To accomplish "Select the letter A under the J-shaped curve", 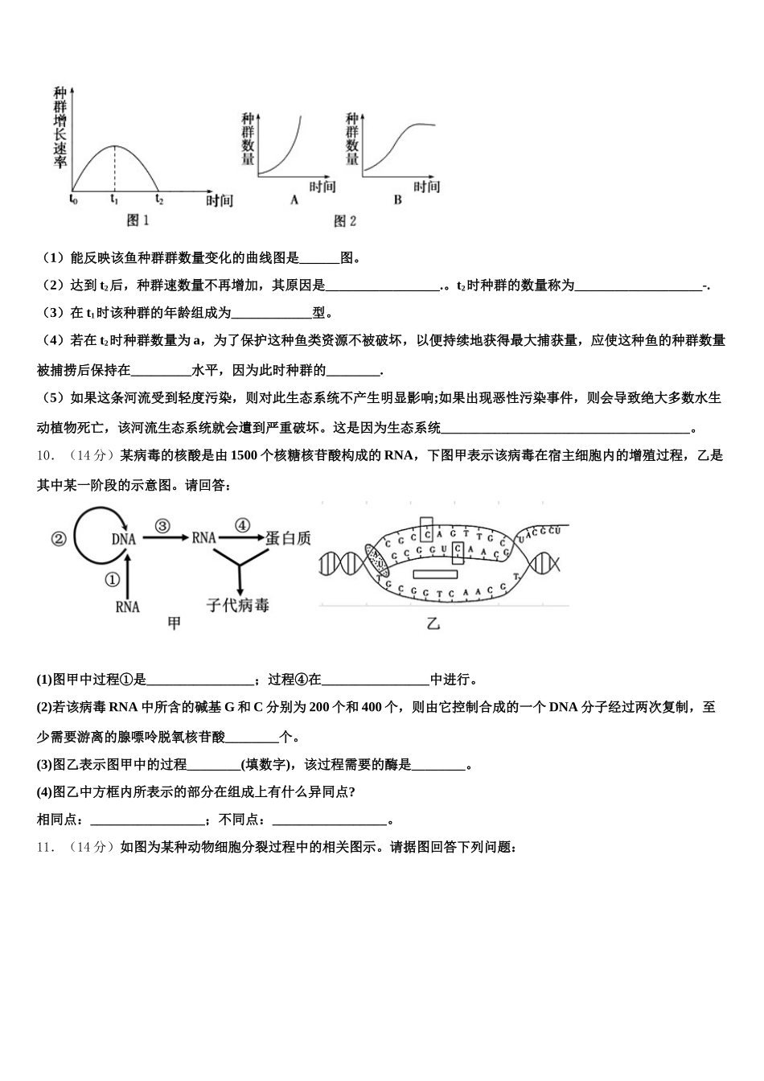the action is pyautogui.click(x=294, y=200).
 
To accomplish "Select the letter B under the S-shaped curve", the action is pyautogui.click(x=397, y=200).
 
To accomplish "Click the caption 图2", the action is pyautogui.click(x=344, y=220).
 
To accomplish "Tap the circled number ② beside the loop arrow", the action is pyautogui.click(x=59, y=540).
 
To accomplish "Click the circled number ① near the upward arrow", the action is pyautogui.click(x=112, y=578).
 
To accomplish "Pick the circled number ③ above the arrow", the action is pyautogui.click(x=162, y=526).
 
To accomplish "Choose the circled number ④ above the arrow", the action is pyautogui.click(x=242, y=526).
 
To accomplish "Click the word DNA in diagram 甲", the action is pyautogui.click(x=124, y=540).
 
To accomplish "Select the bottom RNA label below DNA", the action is pyautogui.click(x=127, y=606).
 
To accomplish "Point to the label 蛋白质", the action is pyautogui.click(x=288, y=539).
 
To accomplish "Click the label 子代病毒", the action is pyautogui.click(x=237, y=604).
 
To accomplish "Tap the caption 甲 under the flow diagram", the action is pyautogui.click(x=173, y=623).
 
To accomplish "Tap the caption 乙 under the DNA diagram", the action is pyautogui.click(x=433, y=623).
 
